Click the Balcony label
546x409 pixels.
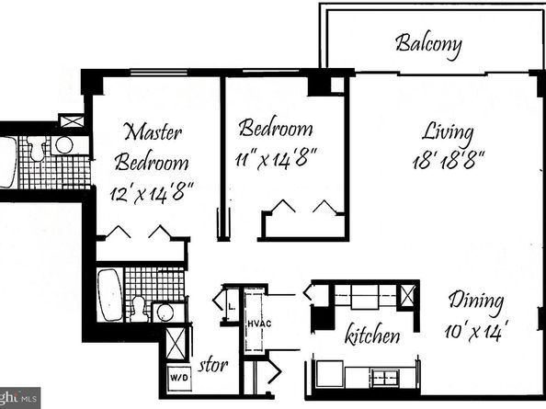(427, 43)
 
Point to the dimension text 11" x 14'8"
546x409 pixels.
(276, 157)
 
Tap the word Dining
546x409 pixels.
(475, 301)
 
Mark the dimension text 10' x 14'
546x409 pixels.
(478, 329)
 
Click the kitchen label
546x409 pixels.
(371, 335)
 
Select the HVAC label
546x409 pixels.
(254, 323)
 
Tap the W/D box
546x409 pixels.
(177, 375)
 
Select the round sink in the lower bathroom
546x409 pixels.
(165, 313)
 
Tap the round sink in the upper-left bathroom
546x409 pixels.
(63, 145)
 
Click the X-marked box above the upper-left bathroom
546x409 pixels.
(71, 121)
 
